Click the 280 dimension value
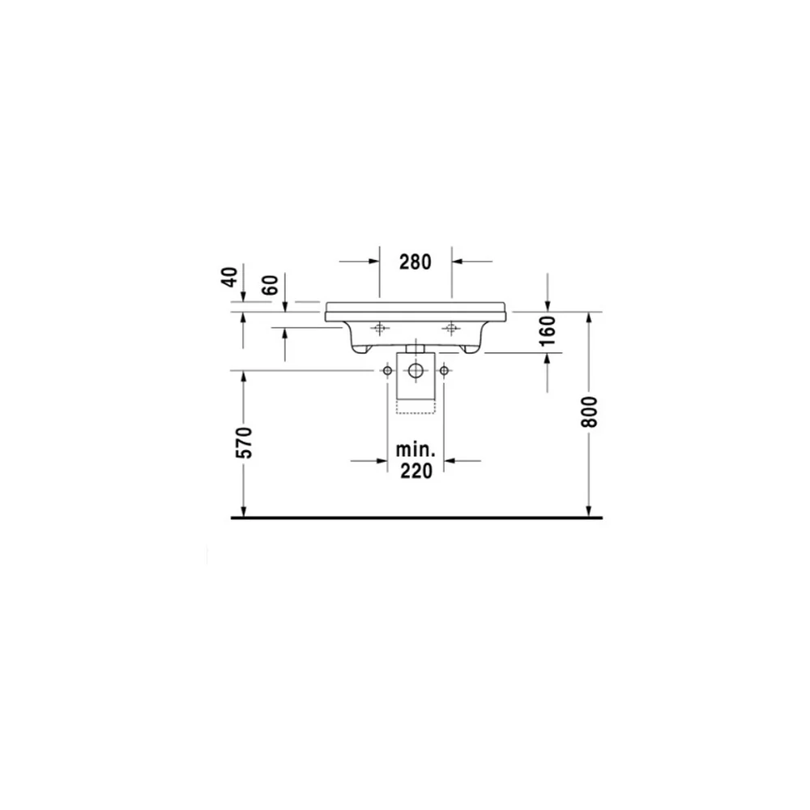click(x=416, y=262)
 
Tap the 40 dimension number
click(x=230, y=277)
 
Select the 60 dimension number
click(x=270, y=284)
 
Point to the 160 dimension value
click(x=548, y=330)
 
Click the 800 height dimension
click(x=589, y=411)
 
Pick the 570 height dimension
click(x=244, y=443)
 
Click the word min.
click(x=416, y=450)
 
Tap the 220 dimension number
click(x=416, y=471)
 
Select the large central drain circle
click(x=416, y=370)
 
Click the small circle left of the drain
click(x=387, y=370)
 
